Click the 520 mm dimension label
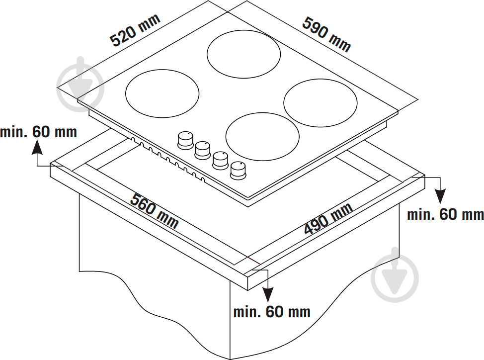tap(135, 30)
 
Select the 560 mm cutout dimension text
tap(155, 211)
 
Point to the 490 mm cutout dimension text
tap(328, 219)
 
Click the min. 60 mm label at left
tap(39, 132)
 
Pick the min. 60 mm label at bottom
tap(272, 312)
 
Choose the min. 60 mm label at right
tap(445, 214)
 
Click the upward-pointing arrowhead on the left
tap(37, 147)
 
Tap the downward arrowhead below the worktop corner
tap(268, 294)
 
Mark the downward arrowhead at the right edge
tap(440, 196)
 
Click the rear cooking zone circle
tap(243, 54)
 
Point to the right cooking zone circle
tap(321, 103)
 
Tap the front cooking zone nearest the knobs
tap(262, 136)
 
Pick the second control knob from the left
tap(203, 150)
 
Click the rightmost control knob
tap(238, 170)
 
